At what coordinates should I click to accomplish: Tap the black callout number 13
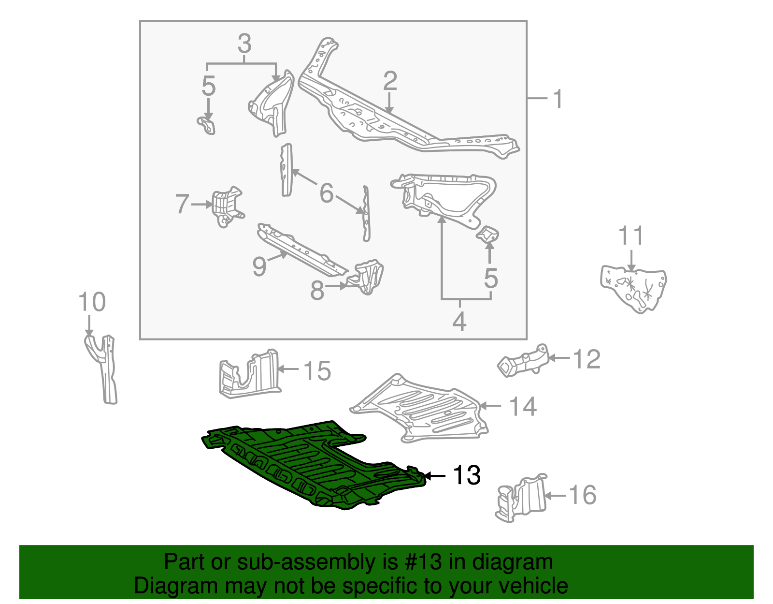(466, 475)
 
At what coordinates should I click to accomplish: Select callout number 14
(523, 406)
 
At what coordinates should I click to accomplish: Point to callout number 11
(631, 236)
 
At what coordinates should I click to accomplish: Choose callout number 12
(587, 359)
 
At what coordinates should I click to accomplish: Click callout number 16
(583, 495)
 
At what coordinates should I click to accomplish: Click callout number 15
(317, 371)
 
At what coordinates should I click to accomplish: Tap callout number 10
(92, 302)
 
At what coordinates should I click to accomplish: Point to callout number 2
(390, 81)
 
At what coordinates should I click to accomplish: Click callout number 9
(259, 266)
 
